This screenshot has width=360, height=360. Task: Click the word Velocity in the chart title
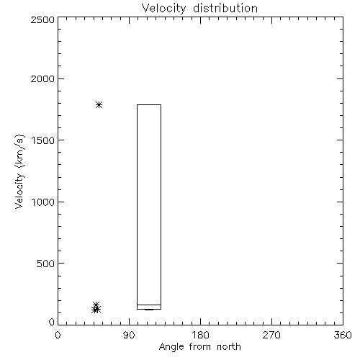163,9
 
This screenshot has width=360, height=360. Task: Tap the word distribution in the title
225,8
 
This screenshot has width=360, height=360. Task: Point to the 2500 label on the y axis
42,19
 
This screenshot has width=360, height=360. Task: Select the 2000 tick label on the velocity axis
42,78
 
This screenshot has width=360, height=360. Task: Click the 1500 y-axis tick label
43,140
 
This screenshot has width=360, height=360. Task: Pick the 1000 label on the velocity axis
43,202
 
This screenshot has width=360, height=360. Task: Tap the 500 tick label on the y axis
45,264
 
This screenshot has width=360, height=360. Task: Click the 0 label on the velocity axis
52,322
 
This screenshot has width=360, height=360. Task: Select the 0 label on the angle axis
58,335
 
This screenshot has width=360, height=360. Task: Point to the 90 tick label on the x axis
129,335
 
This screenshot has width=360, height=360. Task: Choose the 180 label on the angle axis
200,335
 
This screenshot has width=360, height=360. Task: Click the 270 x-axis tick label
271,335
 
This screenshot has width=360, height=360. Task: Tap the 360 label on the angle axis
343,335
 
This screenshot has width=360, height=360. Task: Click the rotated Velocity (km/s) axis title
19,171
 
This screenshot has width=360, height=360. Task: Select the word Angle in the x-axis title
171,348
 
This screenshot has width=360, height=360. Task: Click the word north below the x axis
229,346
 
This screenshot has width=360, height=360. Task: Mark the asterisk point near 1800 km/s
99,105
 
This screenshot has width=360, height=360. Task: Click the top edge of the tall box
149,104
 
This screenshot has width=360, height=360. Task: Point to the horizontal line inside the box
149,305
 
